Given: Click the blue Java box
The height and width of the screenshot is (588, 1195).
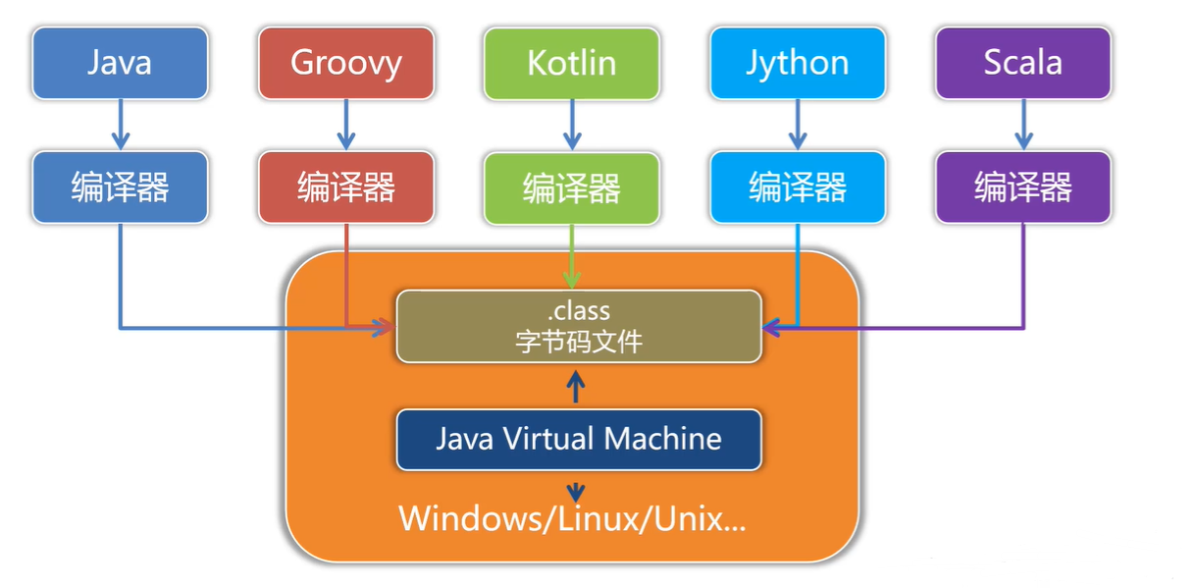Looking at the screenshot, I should pos(120,63).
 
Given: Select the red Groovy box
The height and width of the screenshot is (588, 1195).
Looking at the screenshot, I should pos(346,63).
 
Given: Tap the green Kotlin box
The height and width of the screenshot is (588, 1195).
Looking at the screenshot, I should pos(572,63).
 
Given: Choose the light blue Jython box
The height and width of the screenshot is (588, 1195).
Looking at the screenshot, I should pos(798,63).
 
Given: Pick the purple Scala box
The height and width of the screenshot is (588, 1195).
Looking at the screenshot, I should pos(1023,63).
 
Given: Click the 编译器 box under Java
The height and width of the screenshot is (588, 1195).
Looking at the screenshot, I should pos(120,187).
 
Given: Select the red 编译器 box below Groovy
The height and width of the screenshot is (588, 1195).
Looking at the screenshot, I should pos(346,187).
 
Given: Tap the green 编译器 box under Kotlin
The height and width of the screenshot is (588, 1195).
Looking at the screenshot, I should pos(572,187).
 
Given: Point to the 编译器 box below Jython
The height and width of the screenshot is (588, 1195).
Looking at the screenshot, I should pos(798,187).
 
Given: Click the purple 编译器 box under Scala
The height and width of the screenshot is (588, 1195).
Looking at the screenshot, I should pos(1023,187).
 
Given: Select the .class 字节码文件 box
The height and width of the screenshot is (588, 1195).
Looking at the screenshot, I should pos(578,326).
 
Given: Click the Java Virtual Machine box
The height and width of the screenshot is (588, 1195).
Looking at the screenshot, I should pos(578,439).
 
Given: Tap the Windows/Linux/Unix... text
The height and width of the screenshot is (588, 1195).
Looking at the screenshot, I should pos(572,517).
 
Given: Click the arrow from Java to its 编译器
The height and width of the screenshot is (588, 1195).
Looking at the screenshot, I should pos(120,125).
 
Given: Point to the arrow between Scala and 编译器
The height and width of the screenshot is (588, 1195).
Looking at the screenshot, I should pos(1023,125).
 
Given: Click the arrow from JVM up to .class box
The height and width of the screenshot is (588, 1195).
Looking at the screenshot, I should pos(577,387).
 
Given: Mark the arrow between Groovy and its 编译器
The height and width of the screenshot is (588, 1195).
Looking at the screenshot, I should pos(346,125).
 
